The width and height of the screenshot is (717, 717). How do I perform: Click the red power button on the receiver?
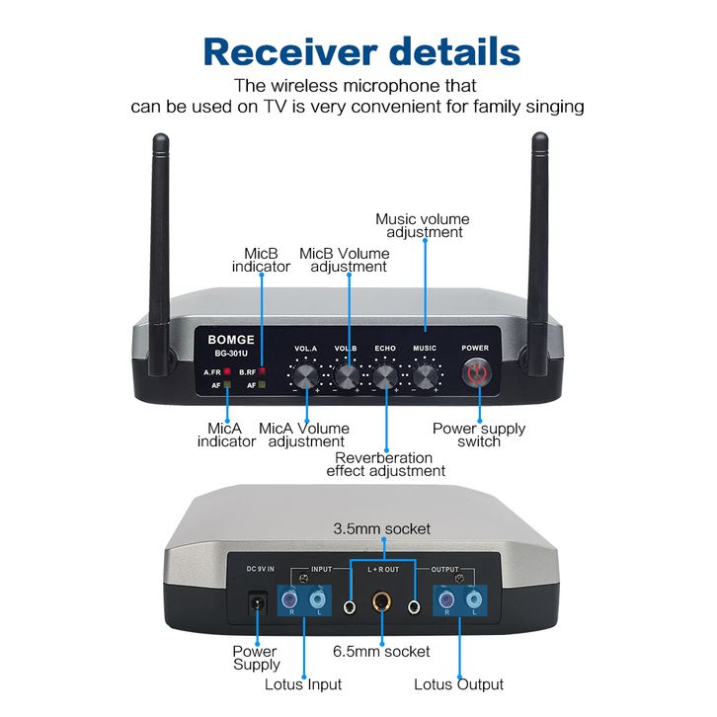[x=477, y=372]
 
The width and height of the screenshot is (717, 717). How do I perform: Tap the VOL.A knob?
[x=305, y=376]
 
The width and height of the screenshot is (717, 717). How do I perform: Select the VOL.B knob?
[x=348, y=376]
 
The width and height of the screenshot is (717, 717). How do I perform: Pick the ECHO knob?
[x=385, y=376]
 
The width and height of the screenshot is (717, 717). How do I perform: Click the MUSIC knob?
[x=426, y=376]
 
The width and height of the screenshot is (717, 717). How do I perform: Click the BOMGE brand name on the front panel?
[x=231, y=340]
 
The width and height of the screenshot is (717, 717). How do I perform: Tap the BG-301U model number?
[x=231, y=354]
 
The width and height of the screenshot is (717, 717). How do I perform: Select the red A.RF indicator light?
[x=227, y=371]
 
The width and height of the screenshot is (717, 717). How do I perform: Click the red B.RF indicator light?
[x=262, y=371]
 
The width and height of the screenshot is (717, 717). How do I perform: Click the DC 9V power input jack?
[x=257, y=602]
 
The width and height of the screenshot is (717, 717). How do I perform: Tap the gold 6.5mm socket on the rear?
[x=382, y=601]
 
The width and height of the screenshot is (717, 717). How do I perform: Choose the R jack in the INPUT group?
[x=290, y=598]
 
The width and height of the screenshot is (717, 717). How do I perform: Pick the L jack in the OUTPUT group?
[x=474, y=598]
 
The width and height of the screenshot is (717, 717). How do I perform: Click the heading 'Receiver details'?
[x=361, y=51]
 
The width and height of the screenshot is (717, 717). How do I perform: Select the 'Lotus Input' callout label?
[x=303, y=684]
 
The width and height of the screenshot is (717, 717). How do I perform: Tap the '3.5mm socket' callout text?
[x=382, y=528]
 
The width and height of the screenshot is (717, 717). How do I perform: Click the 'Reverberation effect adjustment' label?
[x=385, y=464]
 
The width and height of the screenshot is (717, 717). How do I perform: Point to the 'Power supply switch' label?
[x=479, y=435]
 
